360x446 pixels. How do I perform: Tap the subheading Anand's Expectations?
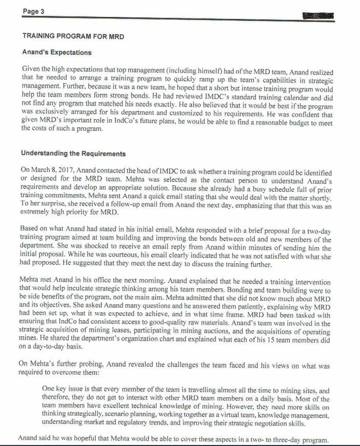point(57,52)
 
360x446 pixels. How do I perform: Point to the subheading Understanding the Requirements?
point(73,153)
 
